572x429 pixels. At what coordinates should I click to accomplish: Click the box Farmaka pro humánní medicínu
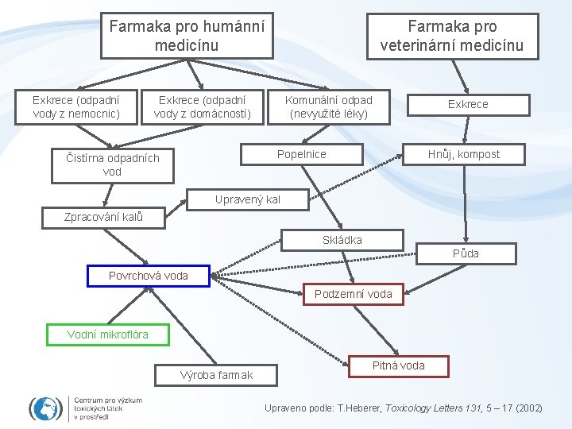click(187, 36)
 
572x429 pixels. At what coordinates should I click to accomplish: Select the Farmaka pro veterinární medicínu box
click(452, 36)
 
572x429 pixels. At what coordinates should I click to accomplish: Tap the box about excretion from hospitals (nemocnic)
click(75, 107)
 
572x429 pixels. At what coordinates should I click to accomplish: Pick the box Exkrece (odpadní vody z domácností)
click(202, 107)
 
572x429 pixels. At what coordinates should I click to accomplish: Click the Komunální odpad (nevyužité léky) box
click(329, 107)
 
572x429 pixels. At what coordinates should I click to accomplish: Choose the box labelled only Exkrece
click(468, 104)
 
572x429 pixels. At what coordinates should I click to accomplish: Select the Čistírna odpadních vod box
click(112, 164)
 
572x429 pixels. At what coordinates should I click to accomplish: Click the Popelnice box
click(301, 154)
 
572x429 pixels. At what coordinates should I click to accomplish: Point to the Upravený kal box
click(248, 199)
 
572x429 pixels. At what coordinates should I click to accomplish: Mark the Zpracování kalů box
click(103, 217)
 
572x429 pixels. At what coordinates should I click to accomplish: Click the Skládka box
click(342, 240)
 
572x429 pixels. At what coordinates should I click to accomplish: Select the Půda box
click(466, 253)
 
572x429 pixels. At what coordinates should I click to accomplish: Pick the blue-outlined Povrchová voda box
click(148, 276)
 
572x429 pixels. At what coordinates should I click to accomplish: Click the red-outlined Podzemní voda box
click(353, 294)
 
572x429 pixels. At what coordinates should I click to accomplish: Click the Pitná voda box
click(399, 365)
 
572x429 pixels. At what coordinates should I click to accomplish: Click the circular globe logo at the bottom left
click(45, 408)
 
